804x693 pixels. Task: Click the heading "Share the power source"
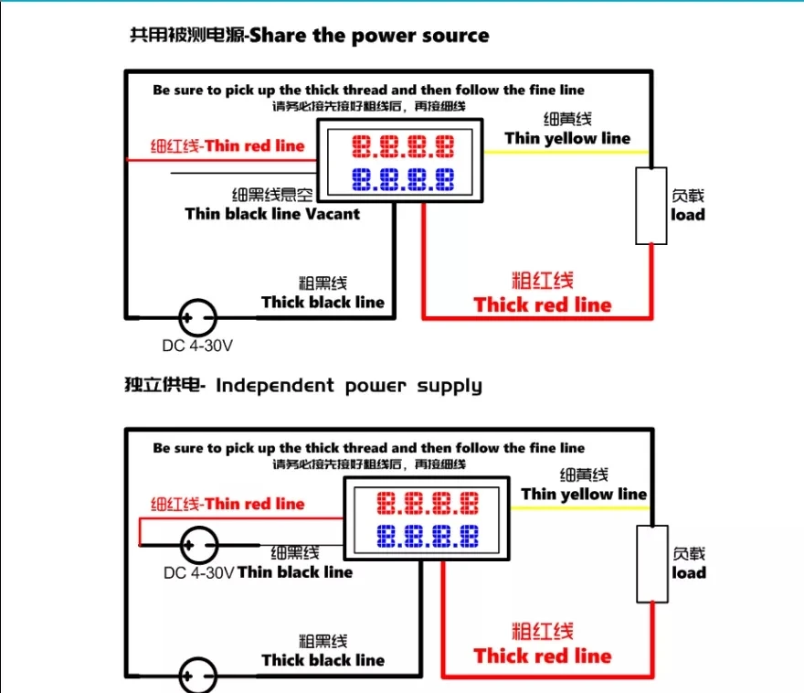pyautogui.click(x=369, y=36)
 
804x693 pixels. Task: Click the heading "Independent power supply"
pyautogui.click(x=349, y=385)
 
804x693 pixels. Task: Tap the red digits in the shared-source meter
pyautogui.click(x=403, y=146)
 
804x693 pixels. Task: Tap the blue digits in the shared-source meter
pyautogui.click(x=403, y=179)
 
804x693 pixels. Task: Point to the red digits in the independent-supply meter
pyautogui.click(x=428, y=503)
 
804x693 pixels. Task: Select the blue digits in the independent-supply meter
pyautogui.click(x=428, y=536)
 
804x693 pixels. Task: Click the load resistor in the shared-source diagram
pyautogui.click(x=651, y=206)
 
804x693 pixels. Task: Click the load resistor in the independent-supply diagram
pyautogui.click(x=652, y=564)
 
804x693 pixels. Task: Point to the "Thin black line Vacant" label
pyautogui.click(x=272, y=213)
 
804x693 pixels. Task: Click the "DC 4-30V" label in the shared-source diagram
pyautogui.click(x=197, y=346)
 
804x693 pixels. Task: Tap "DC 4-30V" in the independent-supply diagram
pyautogui.click(x=199, y=572)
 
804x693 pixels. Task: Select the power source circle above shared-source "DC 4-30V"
pyautogui.click(x=198, y=318)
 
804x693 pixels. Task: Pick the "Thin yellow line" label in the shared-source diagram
pyautogui.click(x=567, y=138)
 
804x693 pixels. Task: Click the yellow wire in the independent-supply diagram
pyautogui.click(x=580, y=508)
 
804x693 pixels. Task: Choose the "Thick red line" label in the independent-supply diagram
pyautogui.click(x=543, y=656)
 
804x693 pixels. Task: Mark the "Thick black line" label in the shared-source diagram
pyautogui.click(x=323, y=302)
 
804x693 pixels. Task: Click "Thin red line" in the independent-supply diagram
pyautogui.click(x=255, y=504)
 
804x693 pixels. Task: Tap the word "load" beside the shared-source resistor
pyautogui.click(x=688, y=215)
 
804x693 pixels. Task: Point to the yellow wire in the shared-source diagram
pyautogui.click(x=566, y=152)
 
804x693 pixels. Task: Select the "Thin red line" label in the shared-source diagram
pyautogui.click(x=255, y=145)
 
